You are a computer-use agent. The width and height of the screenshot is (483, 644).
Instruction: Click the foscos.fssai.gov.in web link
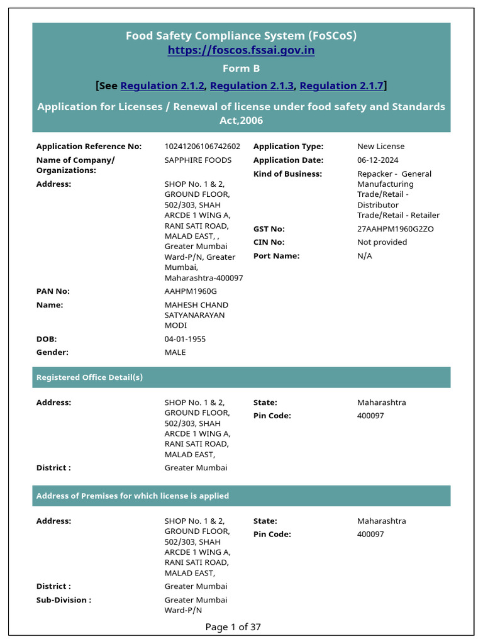pos(241,50)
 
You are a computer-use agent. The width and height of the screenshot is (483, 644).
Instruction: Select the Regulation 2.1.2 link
pos(162,86)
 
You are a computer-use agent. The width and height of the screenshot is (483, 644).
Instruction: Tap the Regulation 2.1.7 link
pos(341,86)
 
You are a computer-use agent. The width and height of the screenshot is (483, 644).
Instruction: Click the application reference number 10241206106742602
pos(203,147)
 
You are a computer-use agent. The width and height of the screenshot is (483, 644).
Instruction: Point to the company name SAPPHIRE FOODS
pos(198,160)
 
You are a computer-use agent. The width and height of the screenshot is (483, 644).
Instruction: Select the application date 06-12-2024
pos(377,160)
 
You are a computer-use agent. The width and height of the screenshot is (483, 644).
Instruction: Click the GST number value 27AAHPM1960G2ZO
pos(396,229)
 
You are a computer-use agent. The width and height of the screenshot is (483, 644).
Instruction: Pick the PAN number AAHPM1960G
pos(191,291)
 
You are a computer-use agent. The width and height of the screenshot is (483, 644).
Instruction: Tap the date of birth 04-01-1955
pos(185,339)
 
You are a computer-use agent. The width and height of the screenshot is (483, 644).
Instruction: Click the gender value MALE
pos(175,352)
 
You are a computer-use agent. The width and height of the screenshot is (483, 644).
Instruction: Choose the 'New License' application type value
pos(381,147)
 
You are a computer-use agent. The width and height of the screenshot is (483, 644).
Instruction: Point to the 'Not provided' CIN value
pos(382,242)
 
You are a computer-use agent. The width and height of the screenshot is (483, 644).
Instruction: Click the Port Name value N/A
pos(365,256)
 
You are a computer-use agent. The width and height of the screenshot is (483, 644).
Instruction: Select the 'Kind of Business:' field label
pos(287,174)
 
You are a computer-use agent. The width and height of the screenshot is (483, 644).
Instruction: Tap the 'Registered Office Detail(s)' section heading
pos(90,377)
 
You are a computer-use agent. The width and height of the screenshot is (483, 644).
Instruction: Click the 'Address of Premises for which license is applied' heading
pos(133,496)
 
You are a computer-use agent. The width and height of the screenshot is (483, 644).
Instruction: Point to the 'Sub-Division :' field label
pos(64,600)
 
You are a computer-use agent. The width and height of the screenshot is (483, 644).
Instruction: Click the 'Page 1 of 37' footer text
pos(233,626)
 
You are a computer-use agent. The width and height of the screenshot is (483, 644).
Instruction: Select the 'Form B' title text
pos(241,68)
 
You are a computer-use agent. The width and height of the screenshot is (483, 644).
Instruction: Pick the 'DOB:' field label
pos(47,339)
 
